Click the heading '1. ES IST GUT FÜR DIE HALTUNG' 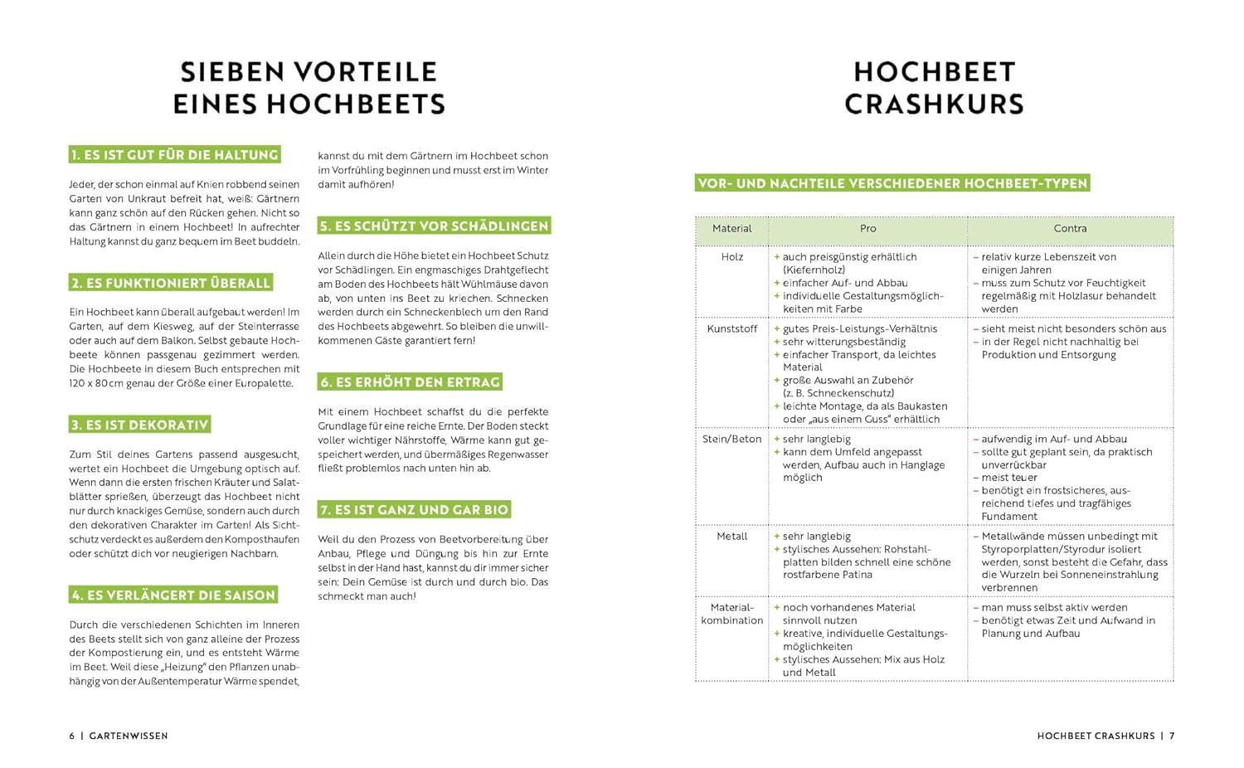[174, 155]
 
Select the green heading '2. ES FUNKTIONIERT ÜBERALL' [171, 283]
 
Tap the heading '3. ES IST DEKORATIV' [139, 425]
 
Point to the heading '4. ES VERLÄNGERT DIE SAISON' [173, 595]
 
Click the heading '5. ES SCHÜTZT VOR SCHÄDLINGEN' [434, 226]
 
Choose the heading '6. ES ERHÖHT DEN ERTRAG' [411, 382]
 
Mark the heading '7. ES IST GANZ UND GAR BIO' [414, 509]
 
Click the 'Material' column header [731, 229]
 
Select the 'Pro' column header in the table [867, 229]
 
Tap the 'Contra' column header [1070, 229]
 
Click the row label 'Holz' [731, 257]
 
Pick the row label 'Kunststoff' [731, 329]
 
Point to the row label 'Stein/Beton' [731, 440]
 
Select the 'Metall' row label [731, 537]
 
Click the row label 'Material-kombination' [731, 614]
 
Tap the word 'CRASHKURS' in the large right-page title [934, 105]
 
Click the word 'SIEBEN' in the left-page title [229, 72]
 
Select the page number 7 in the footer [1172, 736]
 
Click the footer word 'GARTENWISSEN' [129, 736]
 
